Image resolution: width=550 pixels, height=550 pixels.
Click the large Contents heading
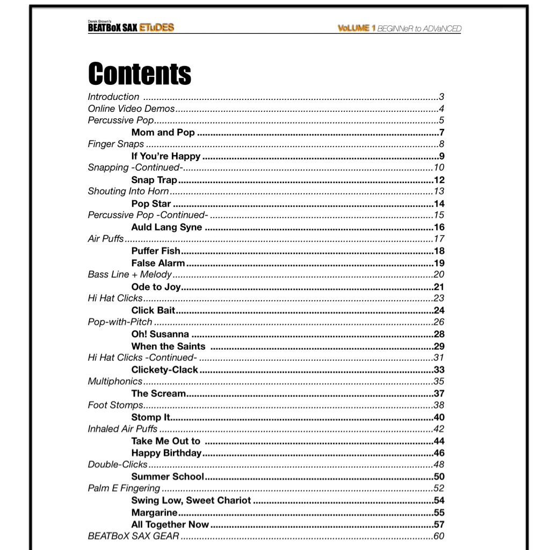140,74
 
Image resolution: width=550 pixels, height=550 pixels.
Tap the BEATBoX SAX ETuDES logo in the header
131,27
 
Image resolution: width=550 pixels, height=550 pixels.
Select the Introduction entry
113,97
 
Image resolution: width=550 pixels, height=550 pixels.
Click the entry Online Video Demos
131,109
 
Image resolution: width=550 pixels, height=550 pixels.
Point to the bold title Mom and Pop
163,133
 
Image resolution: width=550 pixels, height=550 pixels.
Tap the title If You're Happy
166,156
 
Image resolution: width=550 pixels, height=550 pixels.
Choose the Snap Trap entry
154,180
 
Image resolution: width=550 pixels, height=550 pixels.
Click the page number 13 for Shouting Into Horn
439,191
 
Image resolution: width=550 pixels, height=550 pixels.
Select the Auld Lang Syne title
167,227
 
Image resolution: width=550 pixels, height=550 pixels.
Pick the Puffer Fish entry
156,251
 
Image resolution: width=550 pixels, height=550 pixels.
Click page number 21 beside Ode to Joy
439,287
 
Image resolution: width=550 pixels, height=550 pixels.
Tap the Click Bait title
154,310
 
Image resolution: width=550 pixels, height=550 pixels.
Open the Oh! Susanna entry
160,334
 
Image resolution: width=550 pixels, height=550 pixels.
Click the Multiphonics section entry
115,381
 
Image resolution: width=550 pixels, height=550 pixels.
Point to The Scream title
158,393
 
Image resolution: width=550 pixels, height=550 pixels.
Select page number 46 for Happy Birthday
439,453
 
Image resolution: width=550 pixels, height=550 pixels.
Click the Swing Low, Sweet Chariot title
191,500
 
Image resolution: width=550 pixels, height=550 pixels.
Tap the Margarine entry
154,512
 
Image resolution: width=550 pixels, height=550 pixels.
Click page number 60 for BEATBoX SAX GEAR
439,536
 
